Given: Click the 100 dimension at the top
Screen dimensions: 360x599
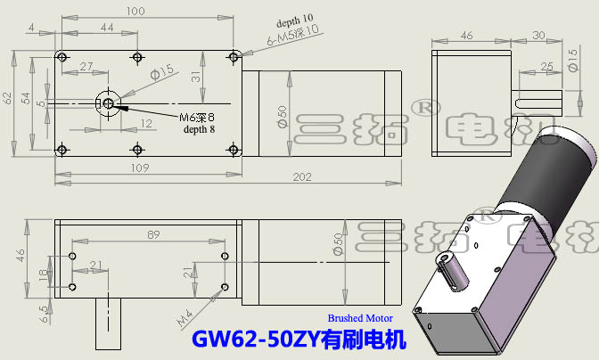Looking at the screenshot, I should (136, 12).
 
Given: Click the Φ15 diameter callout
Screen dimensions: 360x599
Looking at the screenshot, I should (161, 73).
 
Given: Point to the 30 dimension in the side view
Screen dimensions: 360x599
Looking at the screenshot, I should (538, 35).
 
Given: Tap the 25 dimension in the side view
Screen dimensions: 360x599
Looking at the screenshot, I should (547, 66).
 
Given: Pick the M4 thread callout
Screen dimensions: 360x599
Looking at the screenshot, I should (185, 315).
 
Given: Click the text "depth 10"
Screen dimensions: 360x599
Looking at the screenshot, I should (295, 20).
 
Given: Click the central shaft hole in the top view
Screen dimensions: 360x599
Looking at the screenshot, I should (108, 104).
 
